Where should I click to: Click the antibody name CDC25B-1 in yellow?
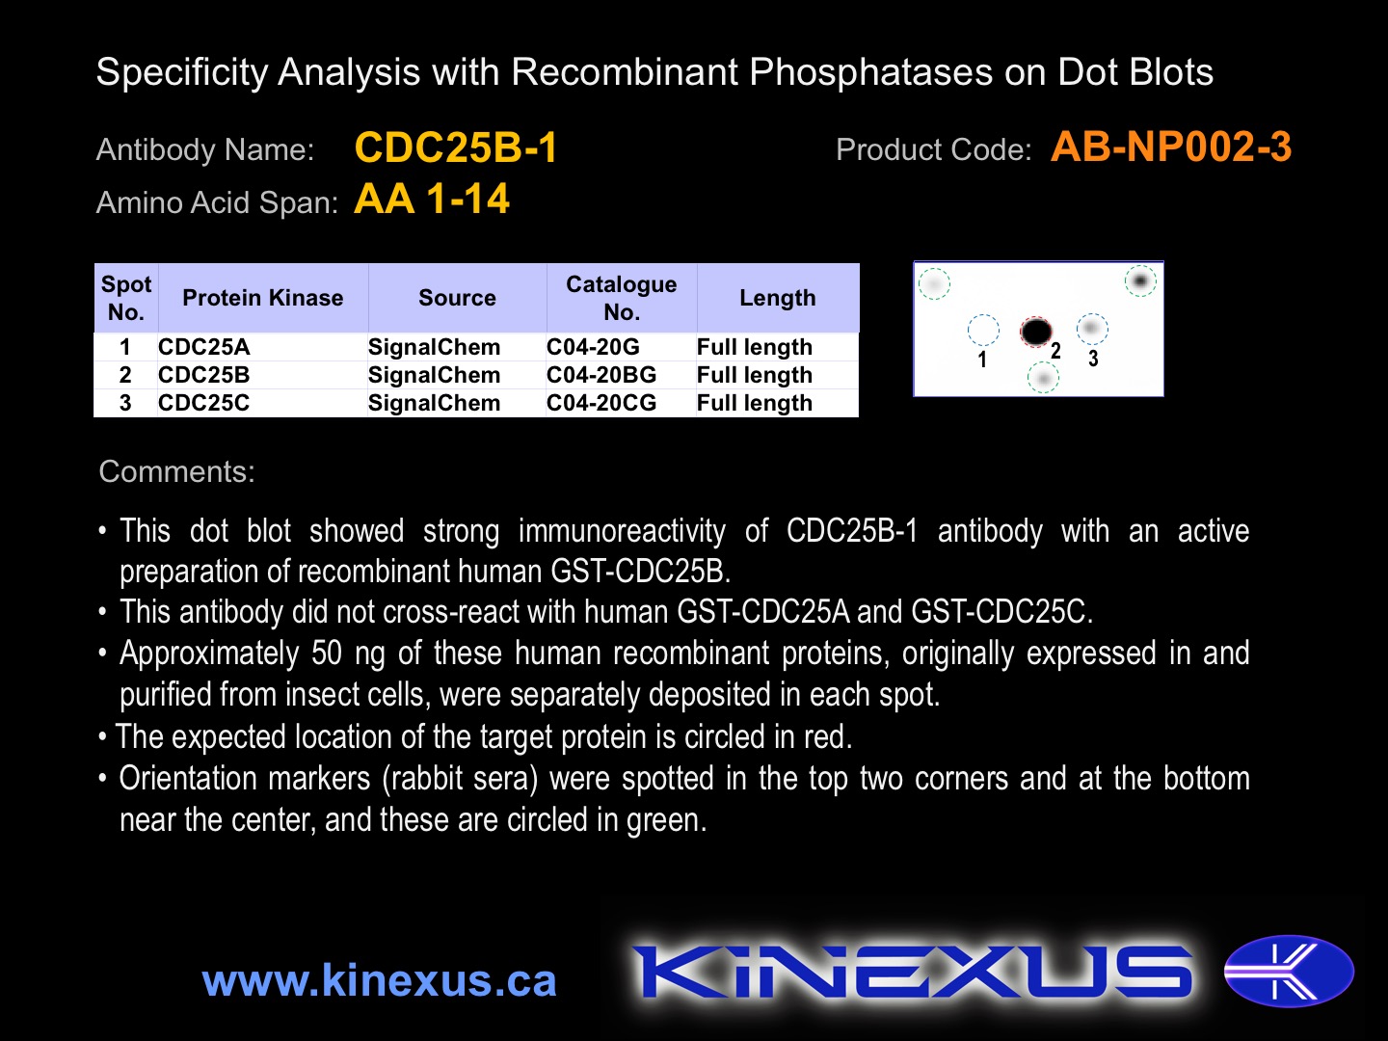pos(456,147)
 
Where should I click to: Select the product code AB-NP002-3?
pos(1171,147)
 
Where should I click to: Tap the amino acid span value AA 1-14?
pos(432,200)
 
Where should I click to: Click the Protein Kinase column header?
pos(262,298)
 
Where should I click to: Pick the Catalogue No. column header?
pos(621,298)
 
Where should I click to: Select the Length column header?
pos(778,298)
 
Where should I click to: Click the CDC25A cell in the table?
pos(204,346)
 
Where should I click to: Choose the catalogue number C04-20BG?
pos(601,375)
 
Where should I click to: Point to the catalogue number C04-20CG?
pos(601,403)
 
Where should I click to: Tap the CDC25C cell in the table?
pos(204,403)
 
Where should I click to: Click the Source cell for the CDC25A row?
pos(435,346)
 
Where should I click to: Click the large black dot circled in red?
pos(1036,332)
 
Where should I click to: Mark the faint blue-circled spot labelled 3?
pos(1092,329)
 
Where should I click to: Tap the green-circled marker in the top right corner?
pos(1140,280)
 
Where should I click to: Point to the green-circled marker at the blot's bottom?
pos(1043,378)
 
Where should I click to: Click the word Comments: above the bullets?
pos(177,471)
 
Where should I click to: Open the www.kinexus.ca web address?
pos(380,980)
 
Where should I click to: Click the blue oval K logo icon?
pos(1289,971)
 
